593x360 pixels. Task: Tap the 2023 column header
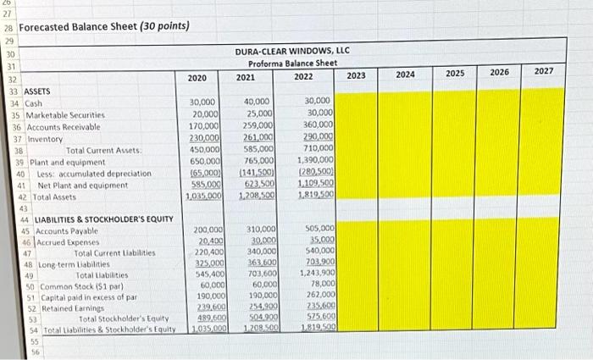coord(357,75)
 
